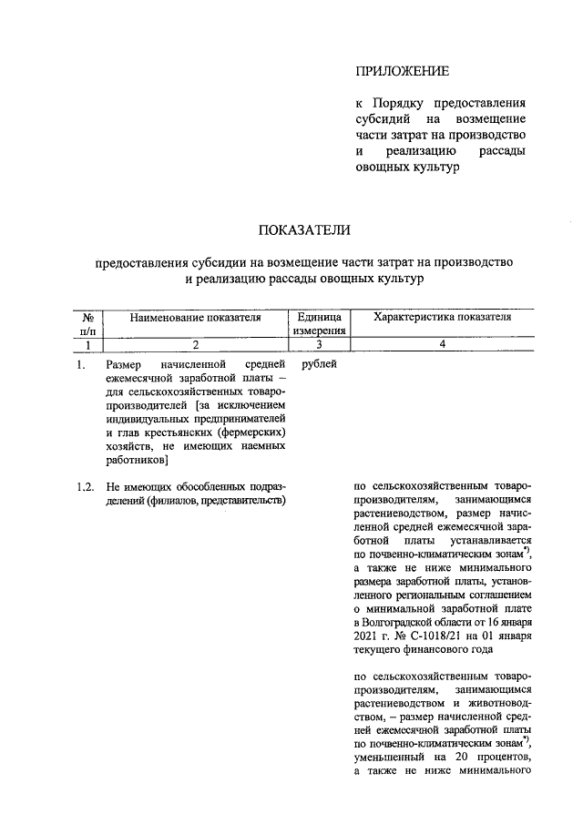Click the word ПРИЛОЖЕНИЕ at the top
(402, 71)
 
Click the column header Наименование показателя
(195, 318)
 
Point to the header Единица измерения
(319, 324)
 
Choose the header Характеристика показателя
(442, 318)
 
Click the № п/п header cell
(88, 324)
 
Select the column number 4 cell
(442, 345)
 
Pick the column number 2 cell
(195, 345)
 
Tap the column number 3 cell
(319, 345)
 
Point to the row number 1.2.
(86, 486)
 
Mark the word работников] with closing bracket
(136, 461)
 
